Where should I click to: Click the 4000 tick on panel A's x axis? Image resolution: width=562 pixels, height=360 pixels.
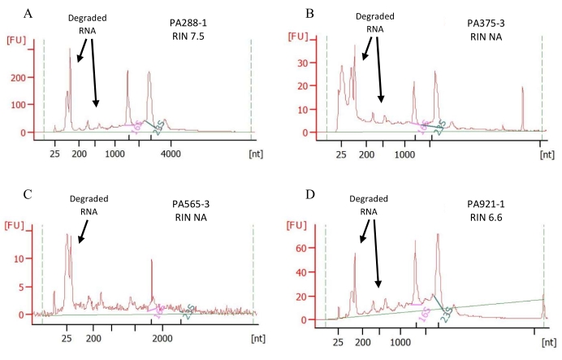(x=170, y=152)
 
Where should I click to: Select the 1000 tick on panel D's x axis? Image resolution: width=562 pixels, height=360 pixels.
(x=400, y=341)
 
